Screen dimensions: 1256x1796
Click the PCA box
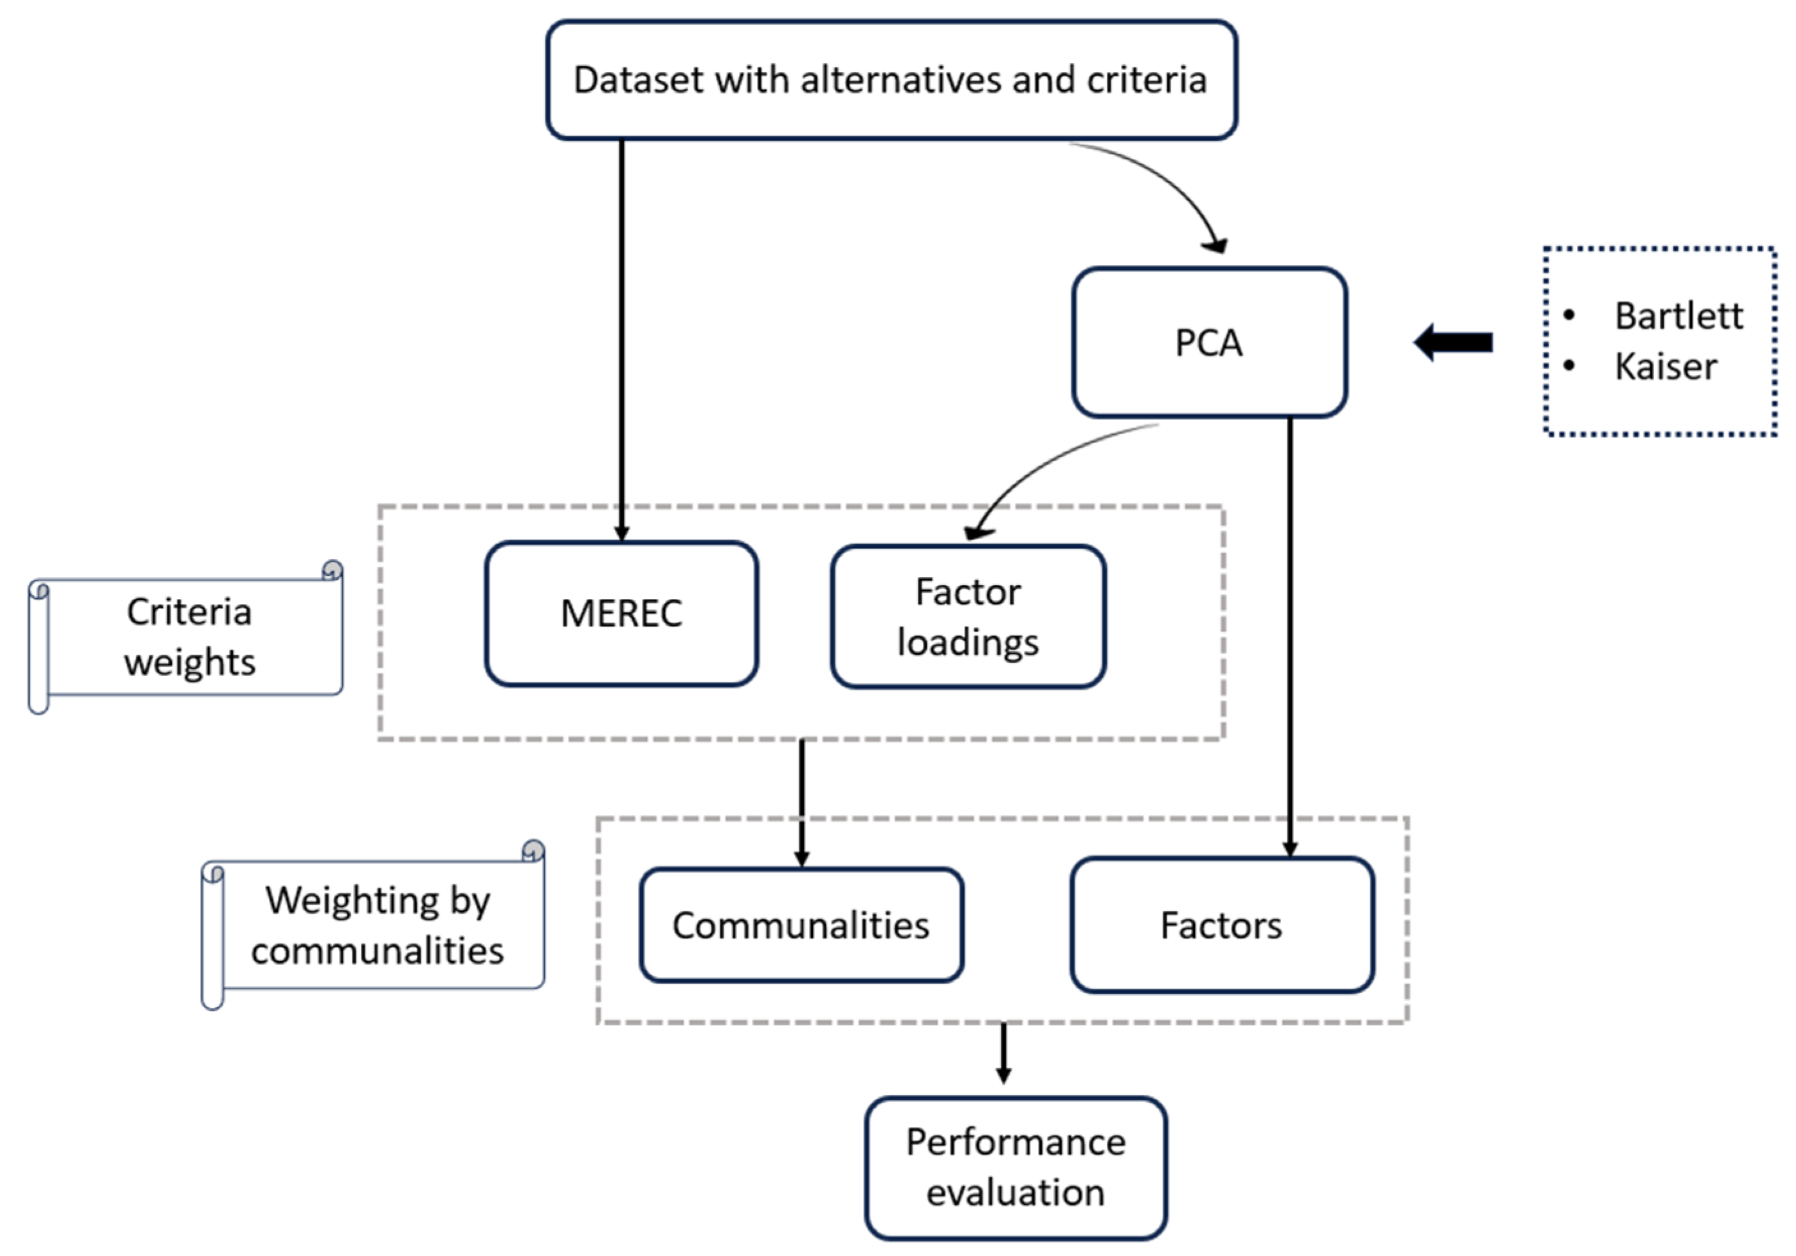tap(1208, 342)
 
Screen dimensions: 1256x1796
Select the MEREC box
tap(621, 613)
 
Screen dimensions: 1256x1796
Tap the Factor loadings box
tap(968, 616)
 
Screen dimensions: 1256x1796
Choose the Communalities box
tap(801, 925)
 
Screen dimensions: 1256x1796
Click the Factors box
tap(1221, 925)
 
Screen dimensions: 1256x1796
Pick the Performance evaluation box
tap(1016, 1168)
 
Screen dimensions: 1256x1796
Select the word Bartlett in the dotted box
tap(1678, 316)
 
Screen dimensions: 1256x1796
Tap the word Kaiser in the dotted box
tap(1666, 367)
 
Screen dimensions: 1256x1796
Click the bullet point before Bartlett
tap(1569, 315)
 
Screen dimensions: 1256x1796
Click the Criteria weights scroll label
tap(189, 637)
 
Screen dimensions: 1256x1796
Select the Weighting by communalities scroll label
tap(377, 925)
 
